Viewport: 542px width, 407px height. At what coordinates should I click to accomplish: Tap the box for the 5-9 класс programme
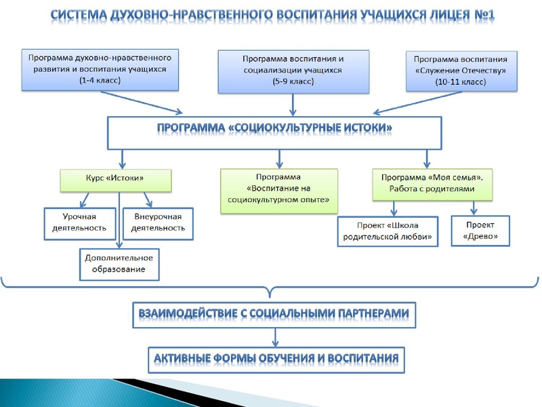293,70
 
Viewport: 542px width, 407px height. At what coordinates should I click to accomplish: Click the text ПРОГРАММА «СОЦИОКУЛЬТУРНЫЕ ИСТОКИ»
275,127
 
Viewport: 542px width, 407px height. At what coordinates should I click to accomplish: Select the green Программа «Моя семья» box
431,182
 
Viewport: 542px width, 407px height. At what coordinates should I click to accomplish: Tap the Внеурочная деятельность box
159,222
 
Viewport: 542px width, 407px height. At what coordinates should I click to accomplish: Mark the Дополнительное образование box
119,263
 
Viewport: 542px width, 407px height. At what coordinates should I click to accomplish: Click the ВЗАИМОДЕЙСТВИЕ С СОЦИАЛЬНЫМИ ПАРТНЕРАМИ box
274,314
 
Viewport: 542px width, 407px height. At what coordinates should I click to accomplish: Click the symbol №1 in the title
483,14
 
